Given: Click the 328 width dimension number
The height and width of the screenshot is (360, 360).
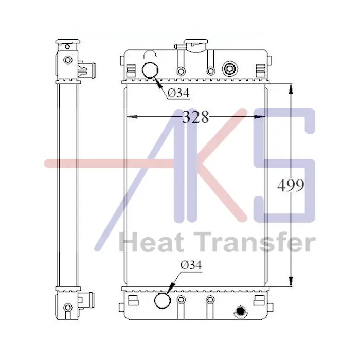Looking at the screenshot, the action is tap(195, 117).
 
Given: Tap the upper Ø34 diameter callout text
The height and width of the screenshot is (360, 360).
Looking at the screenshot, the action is tap(178, 93).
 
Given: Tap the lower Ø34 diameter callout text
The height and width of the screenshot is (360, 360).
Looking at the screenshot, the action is tap(191, 265).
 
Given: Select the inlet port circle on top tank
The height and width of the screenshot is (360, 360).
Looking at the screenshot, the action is tap(150, 70).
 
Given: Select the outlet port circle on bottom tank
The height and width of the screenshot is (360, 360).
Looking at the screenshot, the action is tap(163, 300).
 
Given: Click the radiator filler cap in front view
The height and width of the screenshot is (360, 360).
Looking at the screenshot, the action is tap(196, 45).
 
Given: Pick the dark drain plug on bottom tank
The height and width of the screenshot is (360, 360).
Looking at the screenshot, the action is tap(240, 312).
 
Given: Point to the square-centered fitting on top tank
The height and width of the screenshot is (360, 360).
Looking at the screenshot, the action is tap(230, 68).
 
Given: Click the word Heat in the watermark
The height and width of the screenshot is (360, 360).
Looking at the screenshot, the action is tap(152, 242).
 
